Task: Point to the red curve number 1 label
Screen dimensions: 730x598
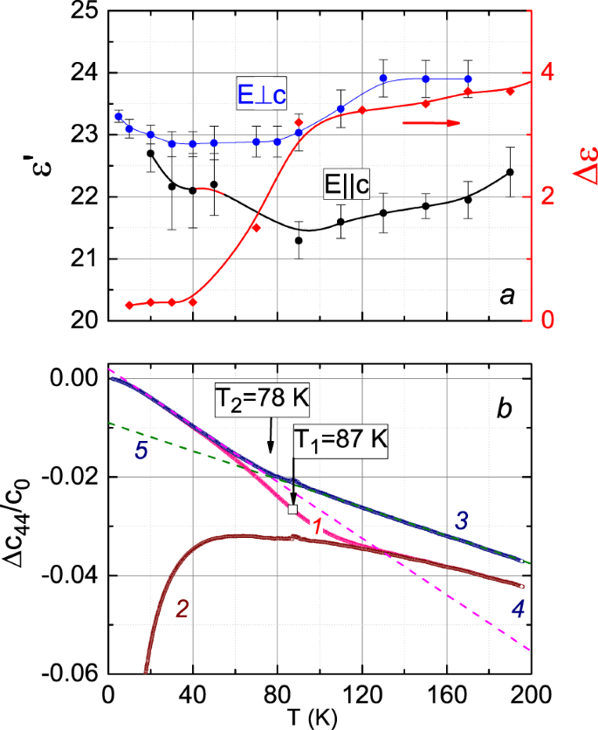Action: tap(320, 526)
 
